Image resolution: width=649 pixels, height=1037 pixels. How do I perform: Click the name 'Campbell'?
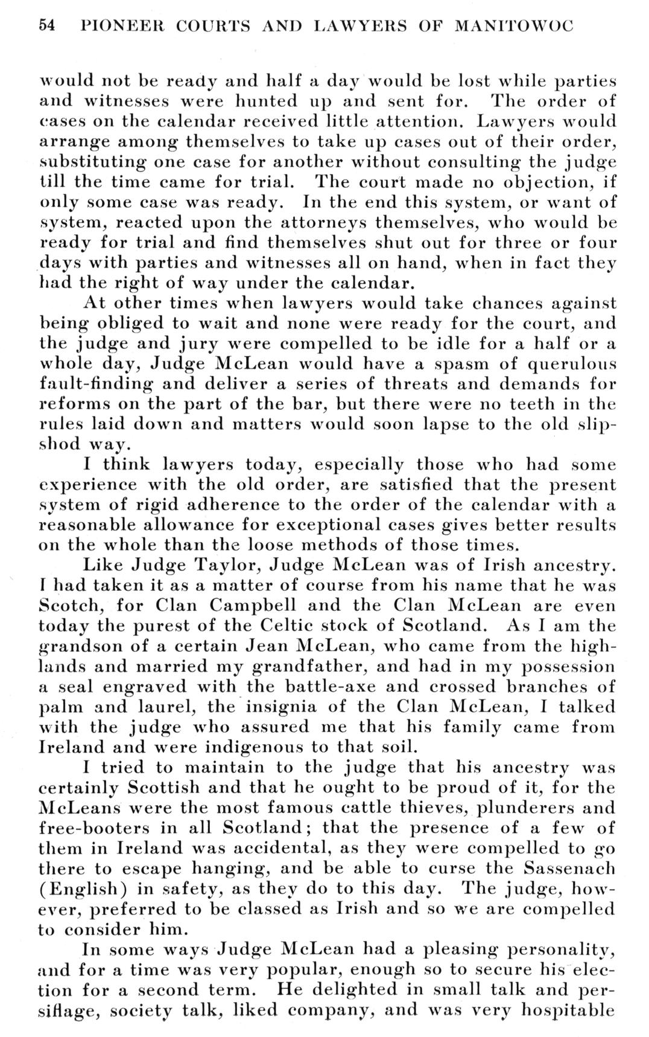[264, 605]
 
